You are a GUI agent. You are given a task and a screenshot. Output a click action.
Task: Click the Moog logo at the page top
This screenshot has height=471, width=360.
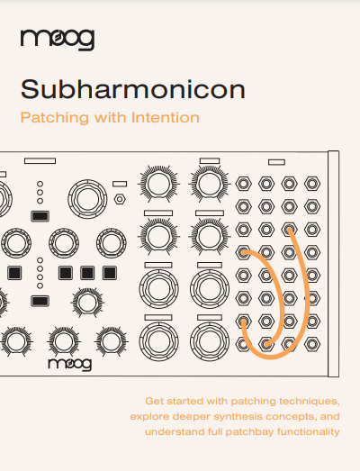click(58, 40)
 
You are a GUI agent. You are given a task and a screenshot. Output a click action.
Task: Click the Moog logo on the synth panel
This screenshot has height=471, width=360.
click(70, 364)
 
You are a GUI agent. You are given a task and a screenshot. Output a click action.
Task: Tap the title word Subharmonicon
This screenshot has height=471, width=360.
click(133, 89)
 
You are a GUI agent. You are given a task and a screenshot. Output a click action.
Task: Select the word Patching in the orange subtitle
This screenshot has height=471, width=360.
click(55, 118)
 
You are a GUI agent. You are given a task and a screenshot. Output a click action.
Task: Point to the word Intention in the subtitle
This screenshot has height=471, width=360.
click(166, 117)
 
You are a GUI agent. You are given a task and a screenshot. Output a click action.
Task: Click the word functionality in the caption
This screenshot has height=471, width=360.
click(309, 431)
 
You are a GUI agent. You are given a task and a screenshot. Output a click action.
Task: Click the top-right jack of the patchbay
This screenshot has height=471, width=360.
click(312, 184)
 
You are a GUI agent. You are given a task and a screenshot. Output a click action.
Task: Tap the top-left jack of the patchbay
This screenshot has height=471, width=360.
click(244, 184)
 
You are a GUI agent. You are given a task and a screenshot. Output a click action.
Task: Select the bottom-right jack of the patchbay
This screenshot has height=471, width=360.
click(312, 344)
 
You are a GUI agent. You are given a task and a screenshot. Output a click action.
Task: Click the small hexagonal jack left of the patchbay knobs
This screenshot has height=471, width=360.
click(120, 199)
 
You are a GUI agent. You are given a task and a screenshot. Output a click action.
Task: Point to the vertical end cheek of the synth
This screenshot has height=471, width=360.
click(334, 264)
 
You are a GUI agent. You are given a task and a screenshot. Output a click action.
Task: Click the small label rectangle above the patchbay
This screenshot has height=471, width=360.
click(276, 162)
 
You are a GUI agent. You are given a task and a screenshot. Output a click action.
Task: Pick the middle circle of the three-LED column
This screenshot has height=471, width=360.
click(40, 192)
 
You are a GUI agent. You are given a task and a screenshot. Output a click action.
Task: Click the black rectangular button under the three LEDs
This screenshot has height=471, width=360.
click(40, 216)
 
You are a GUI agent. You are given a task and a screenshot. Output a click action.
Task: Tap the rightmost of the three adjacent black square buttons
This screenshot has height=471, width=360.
click(110, 273)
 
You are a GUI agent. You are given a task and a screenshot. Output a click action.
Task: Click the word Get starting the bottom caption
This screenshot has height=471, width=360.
click(154, 402)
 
